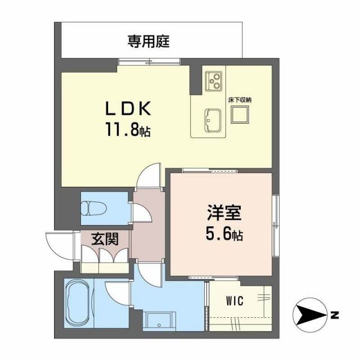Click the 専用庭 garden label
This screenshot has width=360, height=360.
pyautogui.click(x=148, y=41)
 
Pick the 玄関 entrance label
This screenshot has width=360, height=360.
pyautogui.click(x=105, y=239)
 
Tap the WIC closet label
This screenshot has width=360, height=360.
pyautogui.click(x=235, y=301)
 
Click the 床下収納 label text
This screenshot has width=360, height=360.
pyautogui.click(x=240, y=100)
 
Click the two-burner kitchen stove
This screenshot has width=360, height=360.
pyautogui.click(x=213, y=82)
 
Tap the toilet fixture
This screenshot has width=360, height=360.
pyautogui.click(x=93, y=207)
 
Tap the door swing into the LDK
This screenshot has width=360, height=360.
pyautogui.click(x=151, y=175)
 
